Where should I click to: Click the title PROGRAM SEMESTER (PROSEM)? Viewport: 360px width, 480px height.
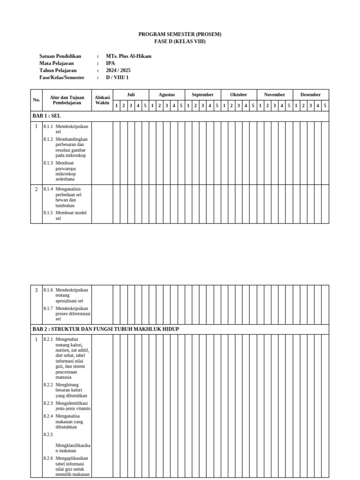tap(180, 34)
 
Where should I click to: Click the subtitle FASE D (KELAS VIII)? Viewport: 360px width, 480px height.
tap(180, 41)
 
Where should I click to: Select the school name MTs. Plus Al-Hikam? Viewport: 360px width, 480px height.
tap(128, 56)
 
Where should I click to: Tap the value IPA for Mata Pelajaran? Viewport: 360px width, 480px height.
tap(110, 63)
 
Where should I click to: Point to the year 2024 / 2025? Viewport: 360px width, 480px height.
tap(118, 70)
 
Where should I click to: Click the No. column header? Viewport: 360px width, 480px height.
tap(37, 100)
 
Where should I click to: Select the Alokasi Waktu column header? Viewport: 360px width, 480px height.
tap(102, 100)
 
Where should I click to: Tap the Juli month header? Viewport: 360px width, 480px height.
tap(131, 95)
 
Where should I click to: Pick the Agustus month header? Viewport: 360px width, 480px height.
tap(166, 95)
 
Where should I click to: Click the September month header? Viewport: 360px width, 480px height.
tap(202, 95)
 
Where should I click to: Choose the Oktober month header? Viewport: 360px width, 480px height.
tap(239, 95)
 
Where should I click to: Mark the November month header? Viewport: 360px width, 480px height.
tap(275, 95)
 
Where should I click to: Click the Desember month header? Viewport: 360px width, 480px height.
tap(311, 95)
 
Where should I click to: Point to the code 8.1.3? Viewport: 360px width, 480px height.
tap(48, 163)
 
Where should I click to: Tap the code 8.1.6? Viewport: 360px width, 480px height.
tap(48, 290)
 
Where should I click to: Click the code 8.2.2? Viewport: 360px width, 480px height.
tap(48, 385)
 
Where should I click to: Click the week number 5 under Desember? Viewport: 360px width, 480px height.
tap(325, 105)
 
